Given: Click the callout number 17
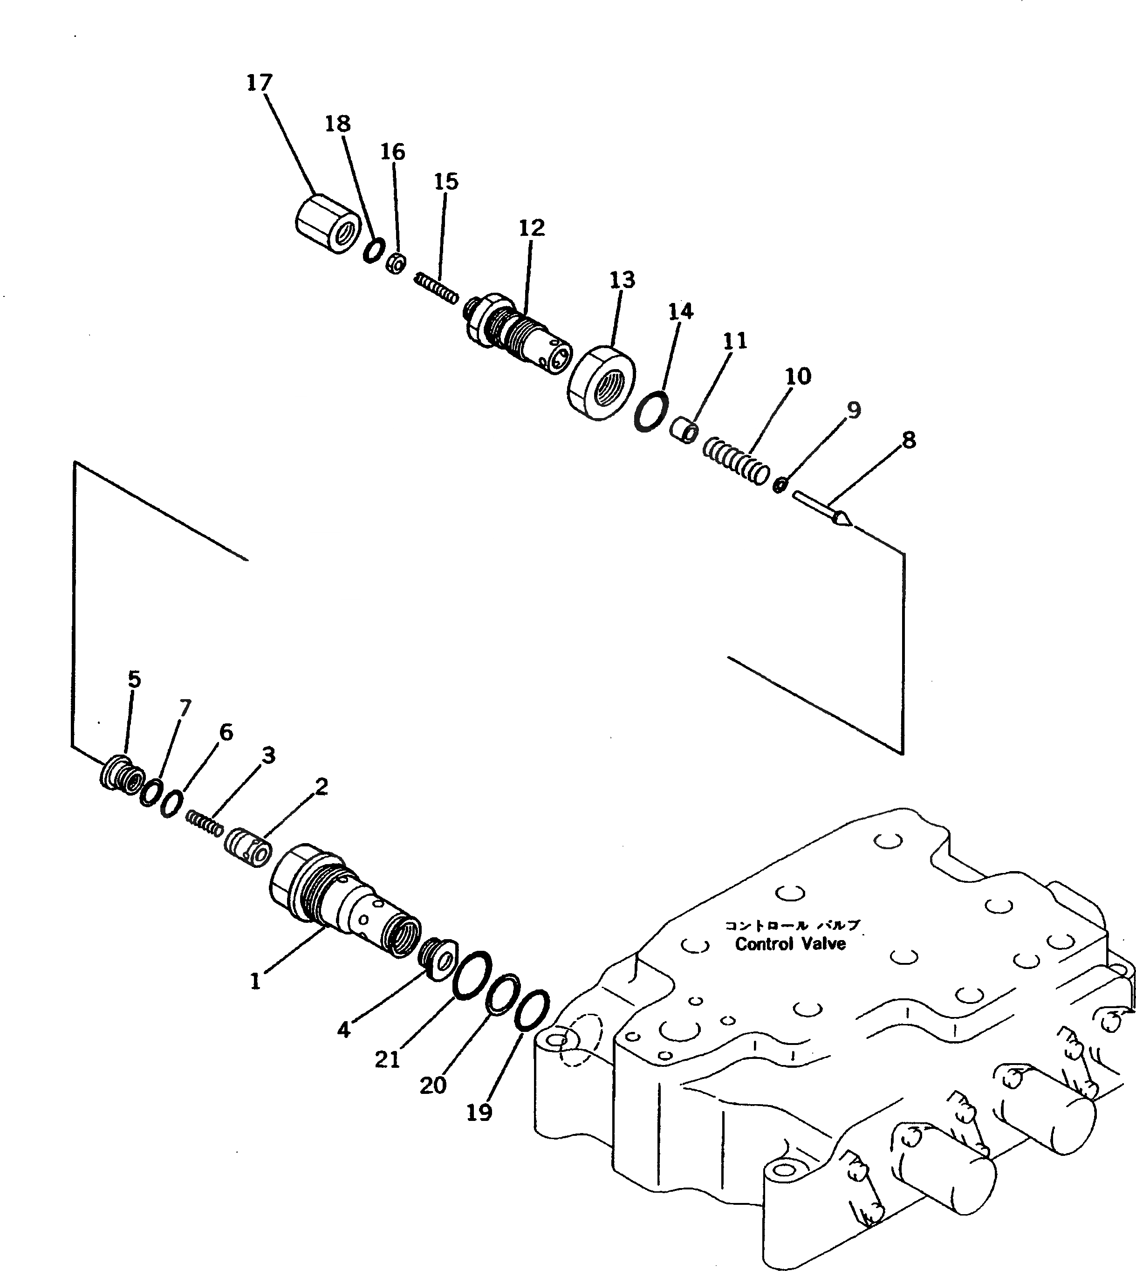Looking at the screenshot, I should click(x=260, y=82).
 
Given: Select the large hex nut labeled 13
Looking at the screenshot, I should click(x=601, y=383).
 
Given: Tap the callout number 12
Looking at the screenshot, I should click(x=532, y=228).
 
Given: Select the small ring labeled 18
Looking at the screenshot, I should click(x=373, y=251).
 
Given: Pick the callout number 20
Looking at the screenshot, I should click(x=433, y=1086).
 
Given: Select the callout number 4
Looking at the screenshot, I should click(x=343, y=1030).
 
